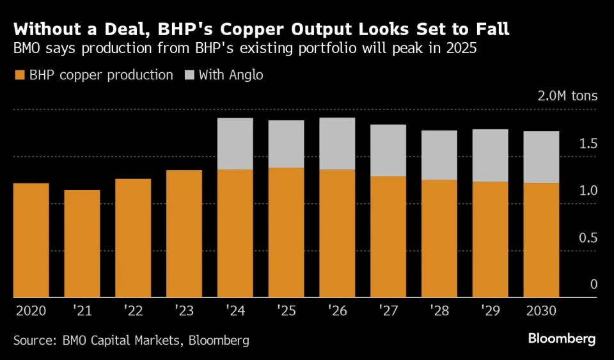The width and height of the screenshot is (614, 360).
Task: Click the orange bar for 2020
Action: tap(31, 240)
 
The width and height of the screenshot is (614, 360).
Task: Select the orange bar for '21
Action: tap(83, 244)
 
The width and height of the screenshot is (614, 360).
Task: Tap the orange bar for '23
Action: tap(184, 234)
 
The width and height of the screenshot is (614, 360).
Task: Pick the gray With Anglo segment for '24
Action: tap(235, 144)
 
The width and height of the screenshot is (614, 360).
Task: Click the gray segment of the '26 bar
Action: tap(337, 144)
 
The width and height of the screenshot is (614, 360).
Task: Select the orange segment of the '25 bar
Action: tap(286, 233)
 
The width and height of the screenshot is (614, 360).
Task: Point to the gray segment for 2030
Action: tap(541, 157)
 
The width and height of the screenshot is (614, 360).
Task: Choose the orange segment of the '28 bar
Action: tap(439, 239)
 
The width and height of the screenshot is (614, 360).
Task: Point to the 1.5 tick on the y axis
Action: tap(588, 144)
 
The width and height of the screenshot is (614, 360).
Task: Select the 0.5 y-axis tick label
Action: tap(588, 238)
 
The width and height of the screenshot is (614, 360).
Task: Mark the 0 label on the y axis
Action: tap(594, 285)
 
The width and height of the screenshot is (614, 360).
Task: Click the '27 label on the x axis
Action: tap(388, 311)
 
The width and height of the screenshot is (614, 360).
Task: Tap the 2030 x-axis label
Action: tap(540, 311)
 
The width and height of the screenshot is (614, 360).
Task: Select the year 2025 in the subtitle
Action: tap(460, 49)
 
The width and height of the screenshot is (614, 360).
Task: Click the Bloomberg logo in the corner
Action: tap(562, 339)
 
